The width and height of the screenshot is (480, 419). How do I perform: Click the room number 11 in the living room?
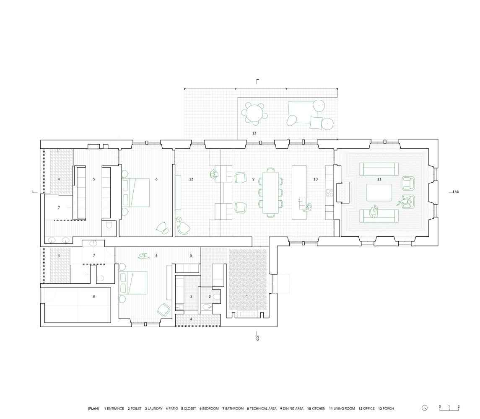click(x=379, y=179)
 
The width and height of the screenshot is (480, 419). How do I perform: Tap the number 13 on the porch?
click(x=254, y=133)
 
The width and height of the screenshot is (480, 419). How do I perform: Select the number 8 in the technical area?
click(x=93, y=296)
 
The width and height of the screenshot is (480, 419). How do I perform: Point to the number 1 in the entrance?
click(x=247, y=296)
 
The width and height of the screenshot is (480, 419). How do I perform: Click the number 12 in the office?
click(x=191, y=179)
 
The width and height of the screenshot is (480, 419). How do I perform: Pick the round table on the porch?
click(x=254, y=114)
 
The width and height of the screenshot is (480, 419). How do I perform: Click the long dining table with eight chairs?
click(x=271, y=193)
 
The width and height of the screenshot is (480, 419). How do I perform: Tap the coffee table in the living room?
click(x=379, y=192)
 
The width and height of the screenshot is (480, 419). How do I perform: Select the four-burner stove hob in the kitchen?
click(x=330, y=192)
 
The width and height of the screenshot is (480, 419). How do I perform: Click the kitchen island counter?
click(x=299, y=192)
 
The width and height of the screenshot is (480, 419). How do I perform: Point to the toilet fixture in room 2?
click(x=216, y=296)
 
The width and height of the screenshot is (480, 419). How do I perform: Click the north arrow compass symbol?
click(x=425, y=408)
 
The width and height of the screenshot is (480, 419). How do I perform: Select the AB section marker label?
click(x=457, y=192)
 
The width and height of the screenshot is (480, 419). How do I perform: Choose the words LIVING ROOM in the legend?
click(x=344, y=409)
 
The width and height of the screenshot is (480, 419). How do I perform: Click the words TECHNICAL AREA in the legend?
click(x=263, y=409)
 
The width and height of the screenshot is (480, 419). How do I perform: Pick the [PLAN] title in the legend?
click(x=93, y=409)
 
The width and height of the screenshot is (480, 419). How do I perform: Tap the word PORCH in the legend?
click(x=388, y=409)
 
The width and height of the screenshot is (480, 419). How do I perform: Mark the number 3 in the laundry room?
click(x=191, y=296)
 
